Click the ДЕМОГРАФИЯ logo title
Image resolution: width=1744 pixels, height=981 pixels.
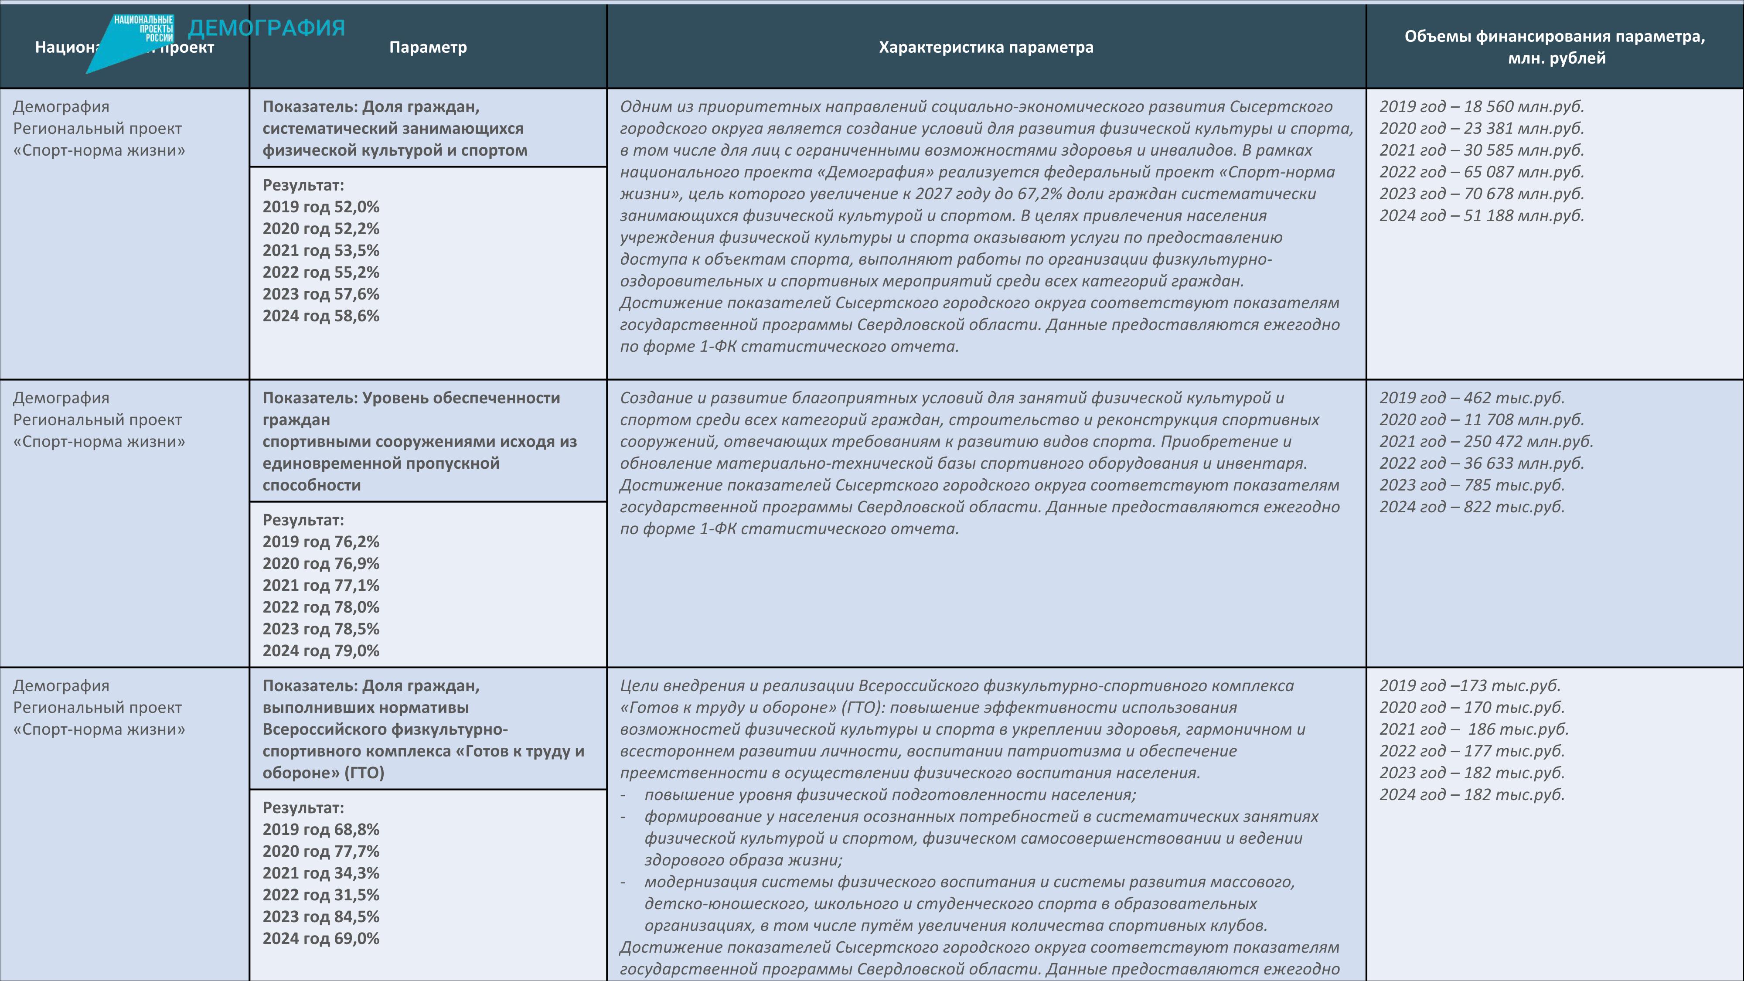tap(266, 28)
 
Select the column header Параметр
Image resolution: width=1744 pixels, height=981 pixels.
tap(428, 48)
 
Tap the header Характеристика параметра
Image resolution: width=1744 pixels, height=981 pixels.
tap(986, 48)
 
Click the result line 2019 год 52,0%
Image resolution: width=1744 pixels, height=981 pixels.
tap(321, 207)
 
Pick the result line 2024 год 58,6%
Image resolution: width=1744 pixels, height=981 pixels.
tap(321, 316)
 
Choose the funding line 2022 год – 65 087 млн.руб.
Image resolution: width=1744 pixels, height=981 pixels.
tap(1482, 172)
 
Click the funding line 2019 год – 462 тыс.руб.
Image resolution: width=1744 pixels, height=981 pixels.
tap(1472, 398)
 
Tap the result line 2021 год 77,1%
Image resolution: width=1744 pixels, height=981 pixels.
tap(321, 586)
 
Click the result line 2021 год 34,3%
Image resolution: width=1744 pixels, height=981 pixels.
tap(321, 873)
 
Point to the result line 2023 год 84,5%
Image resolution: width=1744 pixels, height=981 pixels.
tap(321, 916)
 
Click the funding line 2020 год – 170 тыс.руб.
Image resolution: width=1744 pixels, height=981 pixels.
tap(1472, 708)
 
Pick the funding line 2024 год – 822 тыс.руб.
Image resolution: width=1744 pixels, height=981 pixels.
tap(1472, 507)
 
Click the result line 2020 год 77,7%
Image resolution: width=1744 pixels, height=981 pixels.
tap(321, 852)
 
